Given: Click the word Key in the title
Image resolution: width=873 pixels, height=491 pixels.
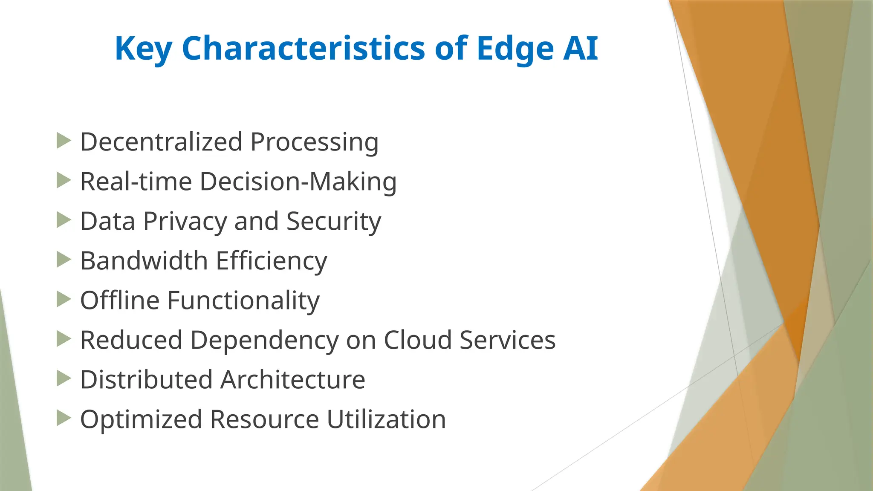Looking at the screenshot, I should click(143, 49).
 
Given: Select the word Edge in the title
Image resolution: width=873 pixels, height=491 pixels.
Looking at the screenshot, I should click(515, 49).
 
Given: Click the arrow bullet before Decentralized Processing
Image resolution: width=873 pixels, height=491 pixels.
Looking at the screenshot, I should click(64, 141).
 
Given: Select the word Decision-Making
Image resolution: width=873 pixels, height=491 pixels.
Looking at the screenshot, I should click(298, 182).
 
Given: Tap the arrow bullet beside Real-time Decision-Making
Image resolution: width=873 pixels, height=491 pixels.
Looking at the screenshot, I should click(64, 180).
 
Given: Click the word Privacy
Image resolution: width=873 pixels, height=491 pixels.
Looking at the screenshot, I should click(185, 222).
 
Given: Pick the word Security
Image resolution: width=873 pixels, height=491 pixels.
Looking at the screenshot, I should click(333, 222).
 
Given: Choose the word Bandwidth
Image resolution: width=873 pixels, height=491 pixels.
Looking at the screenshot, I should click(144, 260).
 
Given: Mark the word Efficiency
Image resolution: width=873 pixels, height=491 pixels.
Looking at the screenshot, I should click(272, 261).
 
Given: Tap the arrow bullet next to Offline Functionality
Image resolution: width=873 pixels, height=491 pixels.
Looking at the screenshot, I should click(64, 299).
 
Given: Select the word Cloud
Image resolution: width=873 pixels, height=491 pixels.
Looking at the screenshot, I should click(417, 340).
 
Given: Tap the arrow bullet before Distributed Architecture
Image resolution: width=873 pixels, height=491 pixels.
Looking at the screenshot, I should click(64, 378).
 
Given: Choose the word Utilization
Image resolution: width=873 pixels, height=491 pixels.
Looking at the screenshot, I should click(386, 419).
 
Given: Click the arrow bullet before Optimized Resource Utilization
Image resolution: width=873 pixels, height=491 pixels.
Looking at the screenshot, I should click(64, 418).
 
